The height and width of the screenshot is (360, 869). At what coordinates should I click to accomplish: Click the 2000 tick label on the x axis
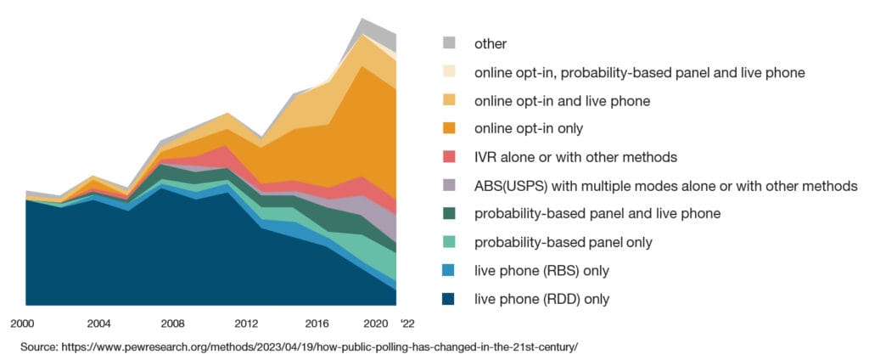(x=22, y=323)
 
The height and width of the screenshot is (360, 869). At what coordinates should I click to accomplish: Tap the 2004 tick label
(x=99, y=323)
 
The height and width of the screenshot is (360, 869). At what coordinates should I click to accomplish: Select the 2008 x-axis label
(x=173, y=323)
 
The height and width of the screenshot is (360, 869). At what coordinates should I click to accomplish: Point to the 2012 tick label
(x=246, y=323)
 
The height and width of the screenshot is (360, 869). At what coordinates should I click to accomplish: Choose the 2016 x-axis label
(x=318, y=323)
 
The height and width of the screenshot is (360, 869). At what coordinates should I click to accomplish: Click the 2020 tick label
(x=374, y=323)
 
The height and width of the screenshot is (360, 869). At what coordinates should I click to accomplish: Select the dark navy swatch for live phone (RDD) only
(x=450, y=299)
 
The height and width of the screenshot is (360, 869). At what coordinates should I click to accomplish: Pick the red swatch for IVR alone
(x=450, y=157)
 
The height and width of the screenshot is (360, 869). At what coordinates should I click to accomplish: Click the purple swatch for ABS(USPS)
(x=450, y=186)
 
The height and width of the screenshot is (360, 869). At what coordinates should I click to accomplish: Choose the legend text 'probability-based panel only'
(x=563, y=243)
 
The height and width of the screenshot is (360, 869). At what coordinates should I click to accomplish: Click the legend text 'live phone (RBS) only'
(x=541, y=271)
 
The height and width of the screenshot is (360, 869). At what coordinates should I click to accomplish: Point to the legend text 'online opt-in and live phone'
(x=562, y=101)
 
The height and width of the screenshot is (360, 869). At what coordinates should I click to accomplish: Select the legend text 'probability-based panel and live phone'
(x=597, y=214)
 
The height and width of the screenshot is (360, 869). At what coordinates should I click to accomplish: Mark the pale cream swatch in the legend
(x=450, y=72)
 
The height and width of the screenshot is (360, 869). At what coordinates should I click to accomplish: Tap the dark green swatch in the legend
(x=450, y=214)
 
